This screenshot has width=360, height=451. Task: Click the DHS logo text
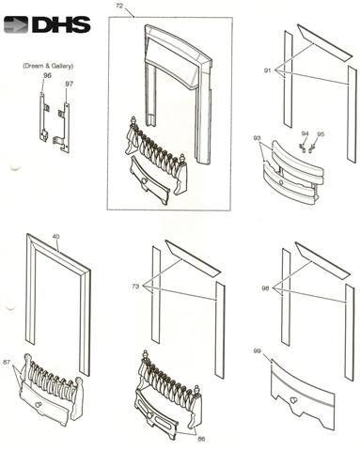click(61, 24)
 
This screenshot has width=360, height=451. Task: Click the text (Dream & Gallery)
click(48, 66)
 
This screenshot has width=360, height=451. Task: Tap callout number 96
click(47, 75)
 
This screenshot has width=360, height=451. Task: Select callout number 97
click(69, 84)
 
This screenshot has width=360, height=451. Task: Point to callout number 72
click(119, 6)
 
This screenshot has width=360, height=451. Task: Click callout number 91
click(267, 70)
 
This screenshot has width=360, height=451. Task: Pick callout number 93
click(257, 138)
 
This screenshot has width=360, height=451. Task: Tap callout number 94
click(305, 133)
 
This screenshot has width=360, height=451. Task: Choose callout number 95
click(321, 133)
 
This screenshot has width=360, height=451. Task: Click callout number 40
click(55, 237)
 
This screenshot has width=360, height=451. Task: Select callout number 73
click(135, 286)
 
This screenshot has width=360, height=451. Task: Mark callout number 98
click(266, 288)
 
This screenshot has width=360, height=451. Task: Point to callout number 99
click(257, 351)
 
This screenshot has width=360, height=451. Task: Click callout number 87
click(7, 362)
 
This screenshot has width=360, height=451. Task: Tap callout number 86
click(201, 439)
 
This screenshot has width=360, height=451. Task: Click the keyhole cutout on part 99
click(293, 400)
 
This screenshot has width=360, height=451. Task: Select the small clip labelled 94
click(302, 147)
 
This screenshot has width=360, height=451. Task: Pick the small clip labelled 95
click(311, 148)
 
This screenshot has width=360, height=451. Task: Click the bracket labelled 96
click(43, 117)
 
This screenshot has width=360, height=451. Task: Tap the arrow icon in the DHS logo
click(16, 25)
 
